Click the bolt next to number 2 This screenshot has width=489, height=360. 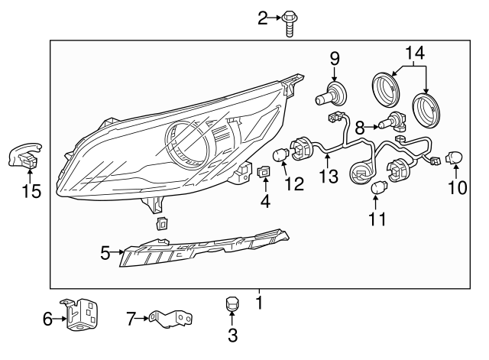[x=290, y=21]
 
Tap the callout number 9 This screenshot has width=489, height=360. [x=334, y=57]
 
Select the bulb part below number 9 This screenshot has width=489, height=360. [x=331, y=95]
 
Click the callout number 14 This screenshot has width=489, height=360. [x=414, y=53]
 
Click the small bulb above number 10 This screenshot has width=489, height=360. [x=456, y=157]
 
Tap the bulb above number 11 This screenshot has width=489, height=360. [x=378, y=186]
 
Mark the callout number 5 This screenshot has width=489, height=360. [x=106, y=251]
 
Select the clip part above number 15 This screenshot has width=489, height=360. [x=24, y=157]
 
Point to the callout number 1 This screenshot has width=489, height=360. [x=259, y=303]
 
